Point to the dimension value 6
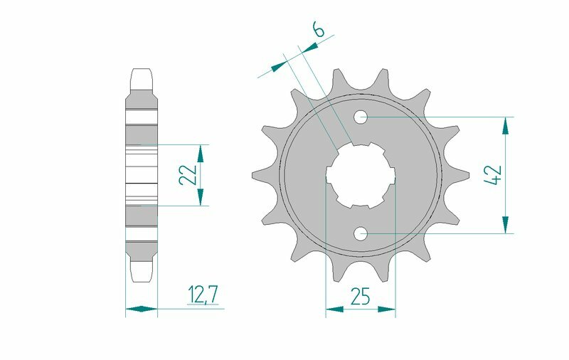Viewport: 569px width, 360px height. point(319,31)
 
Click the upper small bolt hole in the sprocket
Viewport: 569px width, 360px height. point(361,116)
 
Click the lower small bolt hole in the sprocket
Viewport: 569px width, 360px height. point(361,232)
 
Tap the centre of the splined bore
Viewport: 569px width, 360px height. point(361,174)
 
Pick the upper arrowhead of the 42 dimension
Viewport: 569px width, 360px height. point(506,125)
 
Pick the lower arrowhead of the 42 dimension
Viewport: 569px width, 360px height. point(506,223)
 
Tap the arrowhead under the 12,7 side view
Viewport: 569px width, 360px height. point(142,309)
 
